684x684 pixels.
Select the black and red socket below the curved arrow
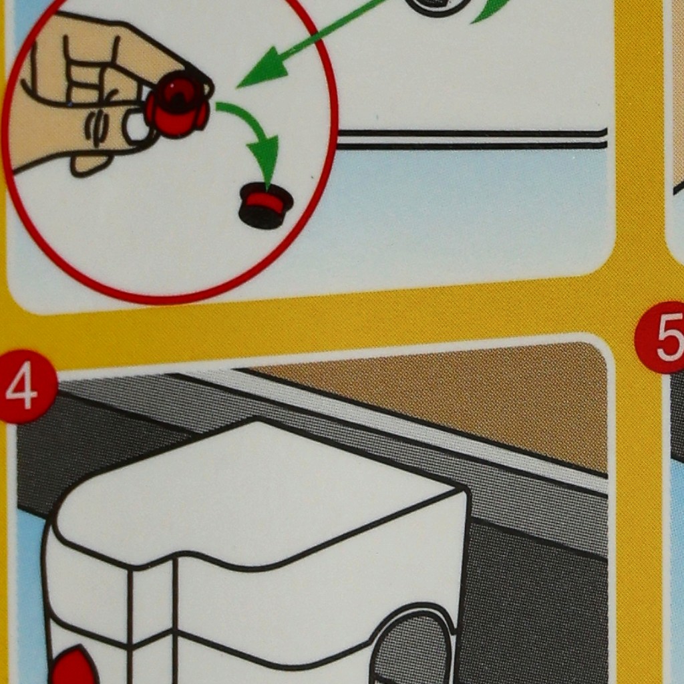265,206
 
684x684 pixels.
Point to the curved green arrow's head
265,158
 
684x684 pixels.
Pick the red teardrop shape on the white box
74,665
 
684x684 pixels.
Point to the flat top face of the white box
257,493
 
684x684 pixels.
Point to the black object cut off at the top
438,5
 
